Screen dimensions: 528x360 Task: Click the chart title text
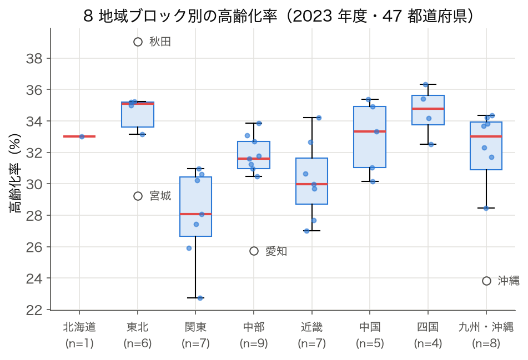coord(278,16)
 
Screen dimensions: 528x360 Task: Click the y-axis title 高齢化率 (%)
coord(15,173)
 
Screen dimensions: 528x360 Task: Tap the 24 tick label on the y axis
coord(34,278)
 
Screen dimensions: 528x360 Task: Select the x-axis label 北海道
coord(79,327)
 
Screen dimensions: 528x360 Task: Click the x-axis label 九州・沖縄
coord(486,327)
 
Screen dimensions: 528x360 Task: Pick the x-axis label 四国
coord(428,327)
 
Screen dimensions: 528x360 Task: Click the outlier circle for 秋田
coord(138,42)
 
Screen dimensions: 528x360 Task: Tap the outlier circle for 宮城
coord(138,196)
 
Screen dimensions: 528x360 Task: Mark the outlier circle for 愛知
coord(254,251)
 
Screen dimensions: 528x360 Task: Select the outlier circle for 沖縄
coord(486,281)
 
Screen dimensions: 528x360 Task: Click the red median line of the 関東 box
coord(195,214)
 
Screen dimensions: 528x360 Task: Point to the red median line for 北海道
coord(79,136)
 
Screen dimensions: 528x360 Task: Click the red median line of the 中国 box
coord(370,131)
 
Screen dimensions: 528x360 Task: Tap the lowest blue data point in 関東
coord(200,298)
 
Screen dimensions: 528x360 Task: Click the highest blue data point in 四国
coord(426,84)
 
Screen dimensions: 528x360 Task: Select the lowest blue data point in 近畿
coord(306,231)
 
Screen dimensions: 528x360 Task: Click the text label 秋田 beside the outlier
coord(160,42)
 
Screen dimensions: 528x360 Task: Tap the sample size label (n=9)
coord(254,343)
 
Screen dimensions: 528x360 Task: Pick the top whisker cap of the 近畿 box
coord(312,118)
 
